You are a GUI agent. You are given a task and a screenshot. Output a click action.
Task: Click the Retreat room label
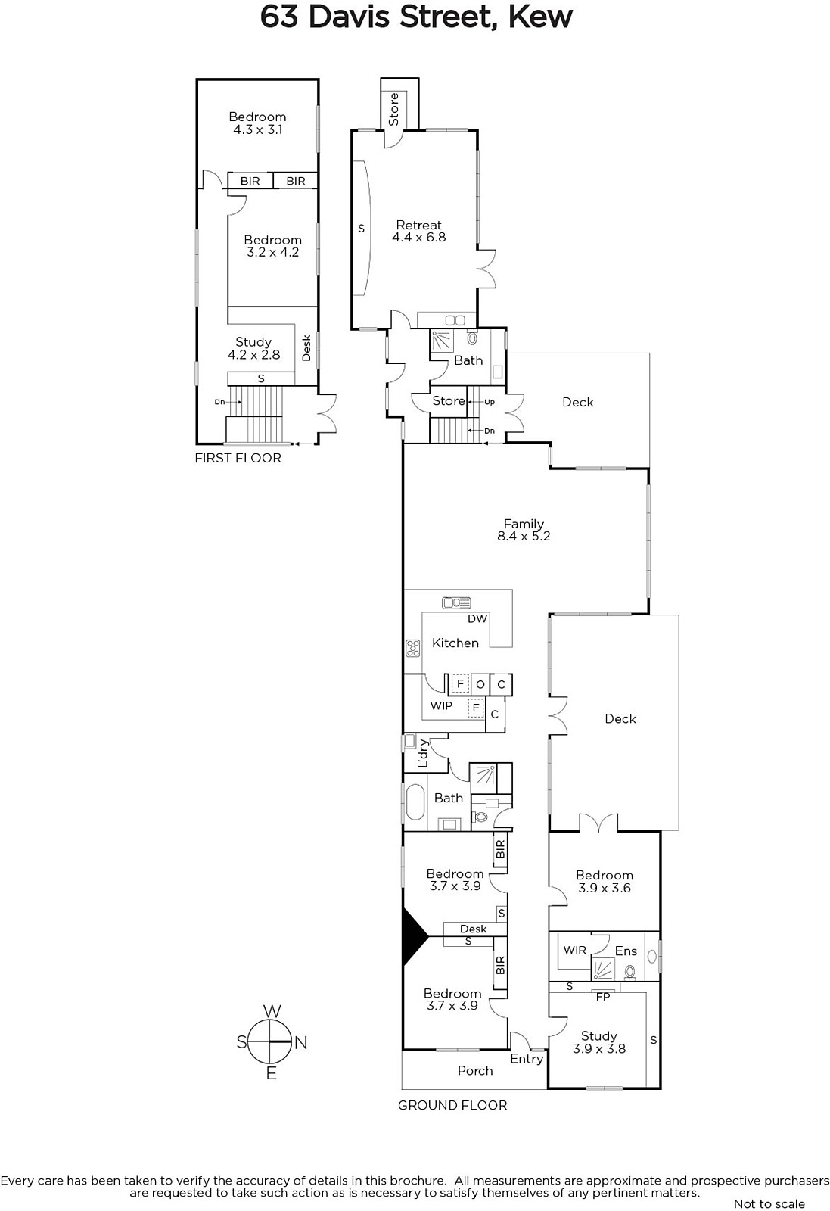418,225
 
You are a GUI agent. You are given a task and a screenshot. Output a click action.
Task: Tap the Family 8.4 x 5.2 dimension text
524,537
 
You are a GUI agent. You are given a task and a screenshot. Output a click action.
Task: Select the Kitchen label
455,643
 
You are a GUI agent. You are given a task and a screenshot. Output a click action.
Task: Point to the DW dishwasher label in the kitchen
477,619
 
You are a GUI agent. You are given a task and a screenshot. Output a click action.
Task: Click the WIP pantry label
441,705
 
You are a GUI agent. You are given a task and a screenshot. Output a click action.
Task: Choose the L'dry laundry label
422,753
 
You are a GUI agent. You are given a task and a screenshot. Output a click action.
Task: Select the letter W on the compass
272,1011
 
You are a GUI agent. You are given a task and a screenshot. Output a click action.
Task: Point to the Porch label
475,1071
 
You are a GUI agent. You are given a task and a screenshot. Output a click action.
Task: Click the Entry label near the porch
527,1059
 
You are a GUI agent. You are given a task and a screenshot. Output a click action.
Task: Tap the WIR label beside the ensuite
574,951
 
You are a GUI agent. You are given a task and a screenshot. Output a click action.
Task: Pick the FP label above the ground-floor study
602,996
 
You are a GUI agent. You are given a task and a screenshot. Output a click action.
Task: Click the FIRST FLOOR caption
238,459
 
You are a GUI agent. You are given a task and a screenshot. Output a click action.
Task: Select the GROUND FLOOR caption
452,1106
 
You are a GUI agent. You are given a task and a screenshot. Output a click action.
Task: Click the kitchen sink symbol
456,602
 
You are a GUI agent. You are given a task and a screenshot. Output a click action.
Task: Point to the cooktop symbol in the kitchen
413,648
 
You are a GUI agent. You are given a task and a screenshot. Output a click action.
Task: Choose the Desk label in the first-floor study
306,348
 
